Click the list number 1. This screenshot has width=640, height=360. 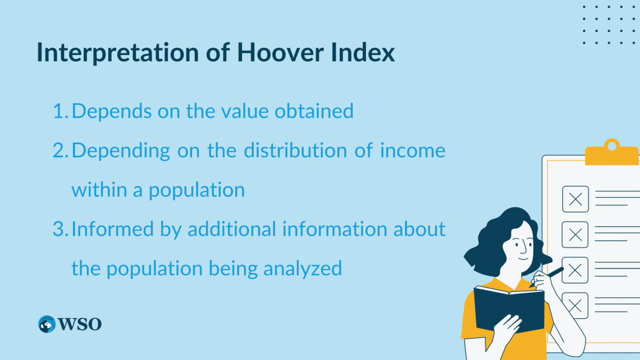point(59,111)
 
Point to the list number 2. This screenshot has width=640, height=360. point(60,151)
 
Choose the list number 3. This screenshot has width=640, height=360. point(60,229)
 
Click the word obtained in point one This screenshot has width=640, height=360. point(314,111)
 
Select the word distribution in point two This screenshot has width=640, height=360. point(289,151)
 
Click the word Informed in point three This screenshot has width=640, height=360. point(109,229)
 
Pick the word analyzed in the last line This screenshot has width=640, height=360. point(305,268)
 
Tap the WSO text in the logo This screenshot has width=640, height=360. point(79,324)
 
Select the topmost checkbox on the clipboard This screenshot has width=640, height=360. point(575,199)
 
